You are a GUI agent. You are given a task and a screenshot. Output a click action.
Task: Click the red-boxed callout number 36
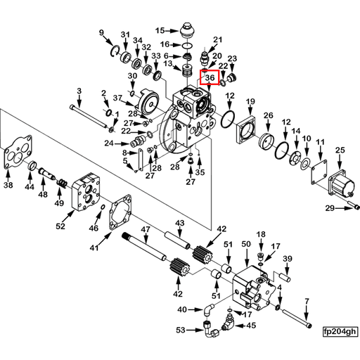tap(210, 78)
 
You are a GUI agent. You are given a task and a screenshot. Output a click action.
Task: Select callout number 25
tap(340, 150)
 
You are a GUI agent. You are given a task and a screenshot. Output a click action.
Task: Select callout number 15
tap(160, 30)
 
